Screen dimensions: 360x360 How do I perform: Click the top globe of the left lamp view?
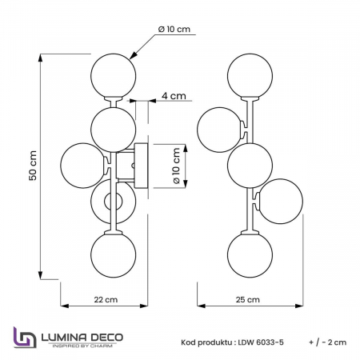coord(112,70)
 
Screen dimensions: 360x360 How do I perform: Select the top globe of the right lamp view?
coord(248,71)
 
